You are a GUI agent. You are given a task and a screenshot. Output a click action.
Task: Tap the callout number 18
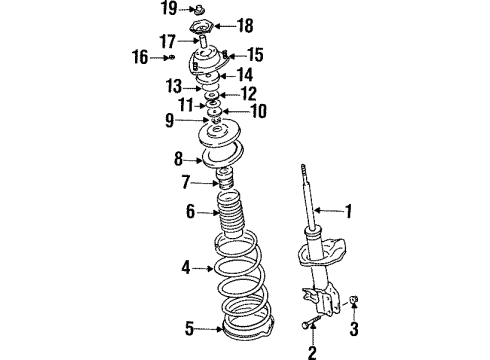[x=246, y=25]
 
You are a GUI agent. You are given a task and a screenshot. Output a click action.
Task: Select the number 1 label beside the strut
[x=348, y=210]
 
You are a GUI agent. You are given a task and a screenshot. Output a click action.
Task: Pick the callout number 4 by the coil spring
[x=184, y=267]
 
